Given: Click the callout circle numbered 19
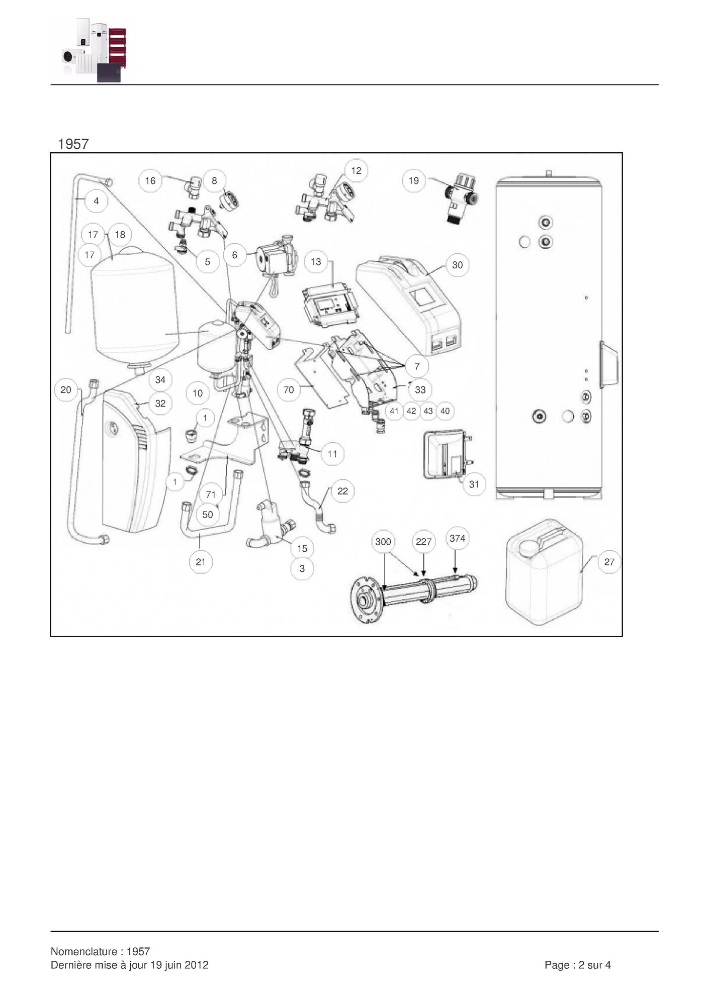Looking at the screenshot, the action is pyautogui.click(x=414, y=181).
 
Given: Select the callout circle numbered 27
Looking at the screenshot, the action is pyautogui.click(x=609, y=562).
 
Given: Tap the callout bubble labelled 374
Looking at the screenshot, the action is pyautogui.click(x=457, y=539).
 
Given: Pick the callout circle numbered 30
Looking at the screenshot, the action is pyautogui.click(x=457, y=265).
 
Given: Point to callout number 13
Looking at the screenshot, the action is pyautogui.click(x=316, y=262).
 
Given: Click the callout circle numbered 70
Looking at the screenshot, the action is pyautogui.click(x=289, y=389).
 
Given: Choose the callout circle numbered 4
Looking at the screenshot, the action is pyautogui.click(x=96, y=201).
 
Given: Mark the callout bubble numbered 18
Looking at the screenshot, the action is pyautogui.click(x=120, y=235).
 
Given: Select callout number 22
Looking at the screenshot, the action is pyautogui.click(x=342, y=491).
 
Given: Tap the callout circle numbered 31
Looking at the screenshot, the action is pyautogui.click(x=474, y=484).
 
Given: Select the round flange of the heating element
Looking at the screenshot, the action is pyautogui.click(x=367, y=601).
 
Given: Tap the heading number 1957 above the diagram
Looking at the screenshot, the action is pyautogui.click(x=73, y=144).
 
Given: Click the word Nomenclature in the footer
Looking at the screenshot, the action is pyautogui.click(x=83, y=951).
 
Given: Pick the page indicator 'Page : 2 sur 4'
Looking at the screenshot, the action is pyautogui.click(x=578, y=965).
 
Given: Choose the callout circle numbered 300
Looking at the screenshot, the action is pyautogui.click(x=383, y=542).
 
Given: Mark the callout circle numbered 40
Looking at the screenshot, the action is pyautogui.click(x=445, y=411).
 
